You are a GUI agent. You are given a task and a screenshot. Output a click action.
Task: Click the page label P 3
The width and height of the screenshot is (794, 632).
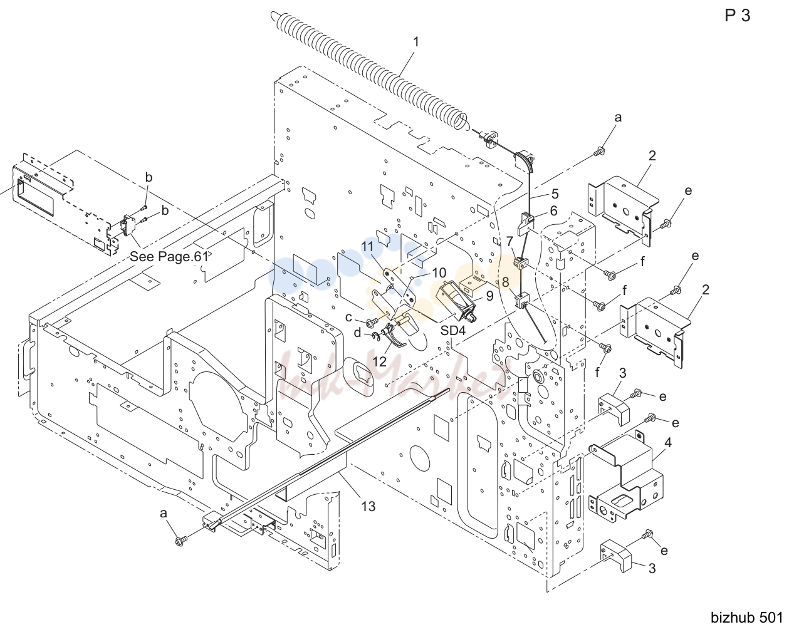tap(737, 16)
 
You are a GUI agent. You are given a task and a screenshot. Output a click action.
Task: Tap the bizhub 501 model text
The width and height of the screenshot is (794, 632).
tap(746, 618)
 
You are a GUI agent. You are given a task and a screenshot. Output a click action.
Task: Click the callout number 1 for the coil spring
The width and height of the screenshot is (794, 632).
tap(416, 42)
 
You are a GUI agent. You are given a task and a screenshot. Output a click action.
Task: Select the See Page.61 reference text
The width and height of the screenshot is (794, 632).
tap(169, 256)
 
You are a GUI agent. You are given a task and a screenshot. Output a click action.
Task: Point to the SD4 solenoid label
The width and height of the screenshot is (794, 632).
tap(452, 330)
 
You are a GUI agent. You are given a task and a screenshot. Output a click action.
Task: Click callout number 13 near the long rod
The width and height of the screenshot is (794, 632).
tap(368, 506)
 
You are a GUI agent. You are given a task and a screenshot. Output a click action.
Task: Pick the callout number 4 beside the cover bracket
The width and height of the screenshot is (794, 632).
tap(668, 442)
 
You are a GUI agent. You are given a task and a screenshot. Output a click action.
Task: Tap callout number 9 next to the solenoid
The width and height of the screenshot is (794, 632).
tap(489, 296)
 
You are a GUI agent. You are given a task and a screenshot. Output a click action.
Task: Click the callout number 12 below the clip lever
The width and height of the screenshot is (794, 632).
tap(379, 361)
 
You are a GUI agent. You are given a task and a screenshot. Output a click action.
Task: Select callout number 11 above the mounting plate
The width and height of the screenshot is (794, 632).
tap(367, 246)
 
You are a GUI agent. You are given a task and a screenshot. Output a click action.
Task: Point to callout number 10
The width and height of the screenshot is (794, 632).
tap(439, 273)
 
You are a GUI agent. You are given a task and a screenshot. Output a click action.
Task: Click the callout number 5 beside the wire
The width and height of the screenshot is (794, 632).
tap(555, 194)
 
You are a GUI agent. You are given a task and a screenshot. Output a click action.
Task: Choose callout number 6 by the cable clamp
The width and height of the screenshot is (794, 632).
tap(553, 210)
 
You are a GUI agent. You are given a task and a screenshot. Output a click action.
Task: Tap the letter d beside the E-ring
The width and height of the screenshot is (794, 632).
tap(357, 332)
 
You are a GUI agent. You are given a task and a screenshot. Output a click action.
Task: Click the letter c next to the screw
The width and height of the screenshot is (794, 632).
tap(348, 318)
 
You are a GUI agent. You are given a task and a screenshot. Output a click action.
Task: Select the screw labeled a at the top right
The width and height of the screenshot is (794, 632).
tap(600, 151)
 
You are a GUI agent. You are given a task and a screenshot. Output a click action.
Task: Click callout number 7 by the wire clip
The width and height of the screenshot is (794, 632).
tap(509, 242)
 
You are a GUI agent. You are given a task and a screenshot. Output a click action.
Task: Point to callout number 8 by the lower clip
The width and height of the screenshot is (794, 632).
tap(506, 282)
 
